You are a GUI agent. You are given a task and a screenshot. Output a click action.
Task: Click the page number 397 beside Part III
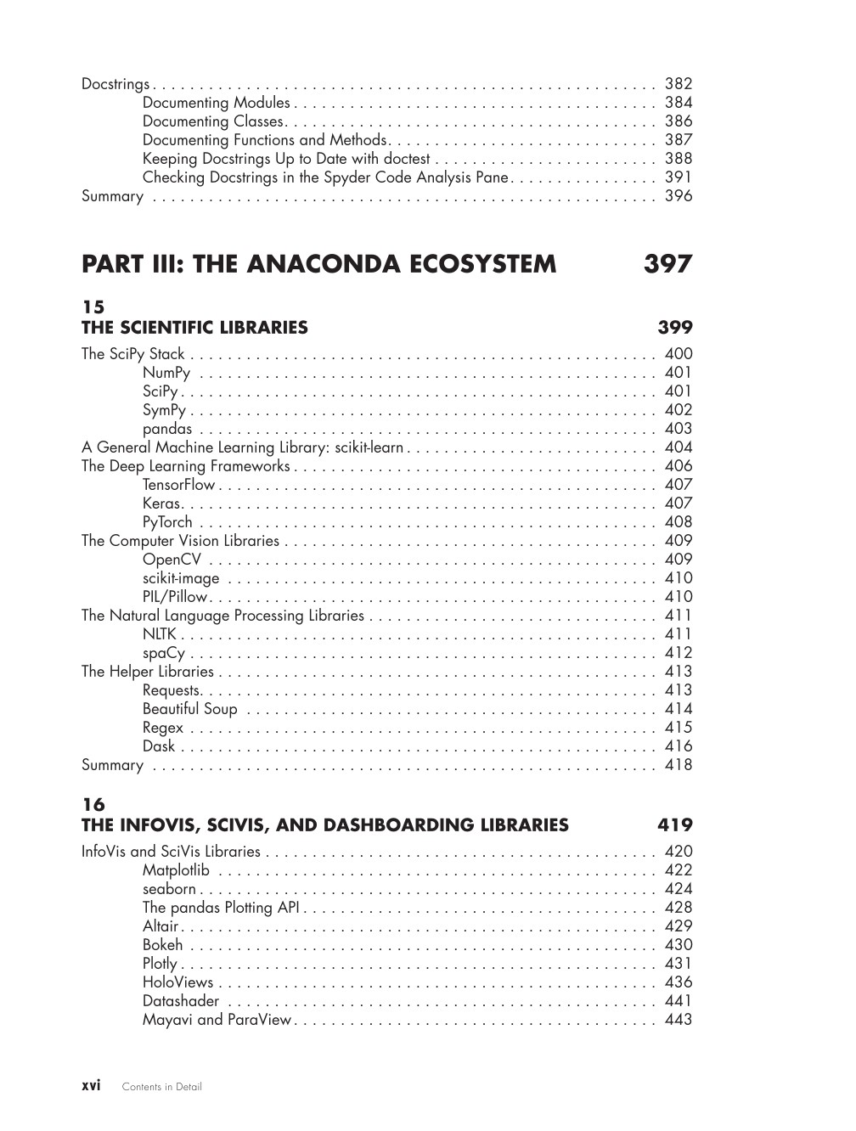(x=667, y=264)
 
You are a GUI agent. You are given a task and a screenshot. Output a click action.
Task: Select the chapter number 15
(x=93, y=307)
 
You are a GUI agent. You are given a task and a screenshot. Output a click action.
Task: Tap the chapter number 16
(x=93, y=804)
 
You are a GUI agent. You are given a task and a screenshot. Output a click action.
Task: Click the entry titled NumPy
(x=166, y=373)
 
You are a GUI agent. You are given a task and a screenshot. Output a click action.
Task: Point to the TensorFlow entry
(x=179, y=485)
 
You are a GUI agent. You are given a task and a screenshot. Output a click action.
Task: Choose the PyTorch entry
(x=167, y=522)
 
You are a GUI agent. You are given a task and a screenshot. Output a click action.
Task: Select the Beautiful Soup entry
(x=190, y=709)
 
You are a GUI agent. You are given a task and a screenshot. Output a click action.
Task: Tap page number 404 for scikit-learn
(x=679, y=447)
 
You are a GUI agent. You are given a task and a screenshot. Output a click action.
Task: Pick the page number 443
(x=679, y=1020)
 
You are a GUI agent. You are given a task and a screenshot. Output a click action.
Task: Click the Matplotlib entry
(x=176, y=870)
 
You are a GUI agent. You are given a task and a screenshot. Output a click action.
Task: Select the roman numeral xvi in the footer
(x=91, y=1086)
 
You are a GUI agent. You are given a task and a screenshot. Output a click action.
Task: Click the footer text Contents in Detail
(x=162, y=1087)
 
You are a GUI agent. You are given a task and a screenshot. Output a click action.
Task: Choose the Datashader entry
(x=181, y=1001)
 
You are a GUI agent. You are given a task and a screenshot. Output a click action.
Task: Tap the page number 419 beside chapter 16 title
(x=675, y=825)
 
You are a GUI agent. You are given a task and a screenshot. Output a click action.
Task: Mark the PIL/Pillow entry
(x=175, y=597)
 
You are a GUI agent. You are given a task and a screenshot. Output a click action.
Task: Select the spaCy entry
(x=164, y=653)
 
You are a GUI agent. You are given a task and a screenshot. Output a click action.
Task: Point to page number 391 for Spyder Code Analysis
(x=679, y=177)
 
